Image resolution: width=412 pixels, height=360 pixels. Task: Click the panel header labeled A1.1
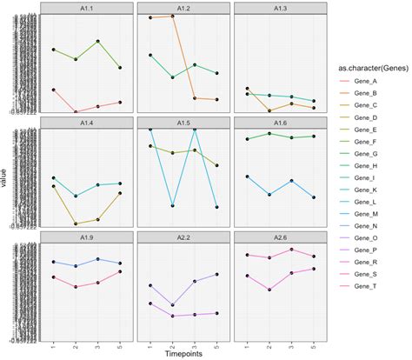(87, 8)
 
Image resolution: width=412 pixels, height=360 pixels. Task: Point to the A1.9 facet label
(87, 237)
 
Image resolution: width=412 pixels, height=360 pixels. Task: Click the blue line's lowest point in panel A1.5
(172, 206)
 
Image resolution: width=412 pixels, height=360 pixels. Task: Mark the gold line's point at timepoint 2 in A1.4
(76, 223)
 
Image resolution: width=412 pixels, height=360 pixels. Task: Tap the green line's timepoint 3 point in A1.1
(98, 41)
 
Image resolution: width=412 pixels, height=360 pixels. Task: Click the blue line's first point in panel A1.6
(248, 177)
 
